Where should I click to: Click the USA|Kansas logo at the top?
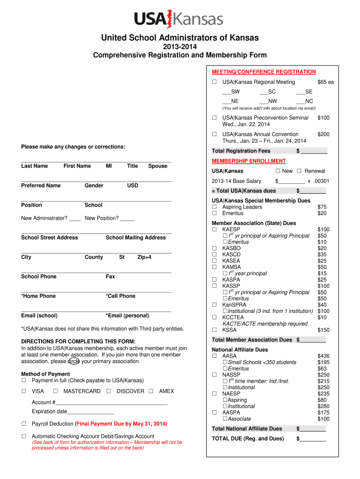click(x=179, y=19)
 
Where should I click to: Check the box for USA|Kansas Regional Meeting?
click(x=214, y=82)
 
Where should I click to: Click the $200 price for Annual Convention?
click(x=323, y=134)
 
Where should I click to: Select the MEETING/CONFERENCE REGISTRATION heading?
click(x=264, y=72)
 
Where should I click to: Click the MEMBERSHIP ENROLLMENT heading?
click(x=242, y=161)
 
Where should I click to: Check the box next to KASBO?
click(x=215, y=248)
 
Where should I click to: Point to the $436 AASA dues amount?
click(x=323, y=356)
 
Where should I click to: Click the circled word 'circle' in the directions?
click(x=73, y=361)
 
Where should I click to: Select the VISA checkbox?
click(x=23, y=391)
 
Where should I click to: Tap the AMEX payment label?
click(x=166, y=391)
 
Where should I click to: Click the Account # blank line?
click(x=111, y=403)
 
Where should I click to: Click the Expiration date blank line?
click(x=91, y=412)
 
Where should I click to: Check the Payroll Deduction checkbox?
click(x=23, y=424)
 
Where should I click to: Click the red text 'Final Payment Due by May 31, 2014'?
click(x=121, y=424)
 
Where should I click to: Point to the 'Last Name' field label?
click(x=34, y=166)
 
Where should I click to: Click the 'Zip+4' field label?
click(x=144, y=257)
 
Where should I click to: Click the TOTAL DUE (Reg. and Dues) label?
click(x=247, y=438)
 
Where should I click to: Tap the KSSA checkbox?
click(x=215, y=330)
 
